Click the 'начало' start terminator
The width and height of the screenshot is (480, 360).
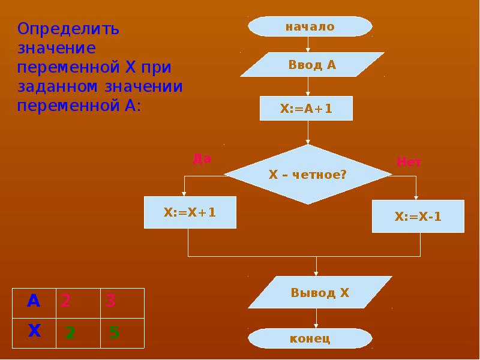[310, 26]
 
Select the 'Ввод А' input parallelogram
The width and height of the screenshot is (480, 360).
[312, 65]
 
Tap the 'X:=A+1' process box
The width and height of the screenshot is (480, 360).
[306, 109]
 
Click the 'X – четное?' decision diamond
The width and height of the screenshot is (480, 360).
[308, 175]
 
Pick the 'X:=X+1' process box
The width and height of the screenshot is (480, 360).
[190, 212]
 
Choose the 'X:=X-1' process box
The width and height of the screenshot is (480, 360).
[418, 217]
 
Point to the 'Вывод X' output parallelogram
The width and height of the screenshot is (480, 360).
[320, 293]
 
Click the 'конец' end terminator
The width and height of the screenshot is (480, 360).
[310, 338]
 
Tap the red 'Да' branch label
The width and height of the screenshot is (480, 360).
[202, 159]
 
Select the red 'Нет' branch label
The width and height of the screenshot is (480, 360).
[409, 162]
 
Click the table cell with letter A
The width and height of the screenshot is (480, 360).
[34, 301]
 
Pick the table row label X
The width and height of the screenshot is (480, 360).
[34, 331]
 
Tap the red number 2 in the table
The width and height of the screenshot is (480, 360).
[65, 301]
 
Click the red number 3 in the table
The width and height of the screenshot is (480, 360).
[110, 301]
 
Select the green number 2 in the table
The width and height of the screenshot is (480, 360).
[70, 332]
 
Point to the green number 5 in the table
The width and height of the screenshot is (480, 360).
[114, 332]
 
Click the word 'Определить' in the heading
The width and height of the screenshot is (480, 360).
[68, 28]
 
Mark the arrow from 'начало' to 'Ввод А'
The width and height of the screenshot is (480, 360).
[308, 44]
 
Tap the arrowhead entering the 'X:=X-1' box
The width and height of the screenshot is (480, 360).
[416, 197]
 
